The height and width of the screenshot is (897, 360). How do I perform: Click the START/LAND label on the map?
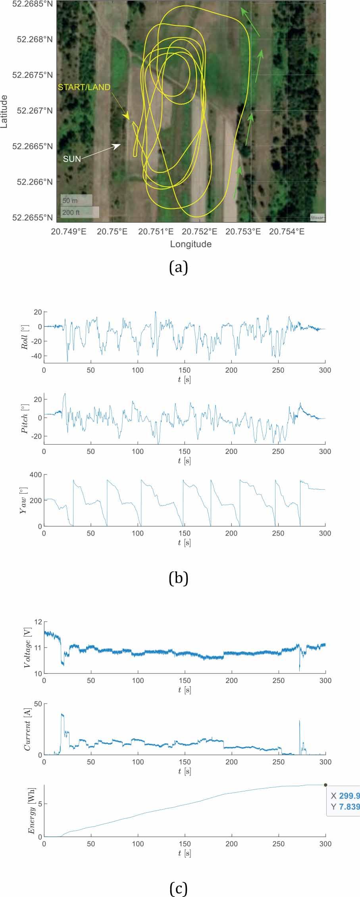tap(84, 87)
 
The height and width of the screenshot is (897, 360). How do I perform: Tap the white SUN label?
tap(72, 159)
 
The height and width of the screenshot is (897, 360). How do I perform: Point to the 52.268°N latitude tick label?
tap(35, 39)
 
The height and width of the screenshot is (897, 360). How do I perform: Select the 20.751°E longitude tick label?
tap(156, 231)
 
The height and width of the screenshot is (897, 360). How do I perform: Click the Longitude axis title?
tap(191, 244)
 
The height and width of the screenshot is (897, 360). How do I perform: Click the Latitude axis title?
tap(5, 111)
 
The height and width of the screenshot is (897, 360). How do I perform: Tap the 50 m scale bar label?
tap(70, 201)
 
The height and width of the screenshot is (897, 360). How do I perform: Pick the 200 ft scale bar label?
tap(71, 212)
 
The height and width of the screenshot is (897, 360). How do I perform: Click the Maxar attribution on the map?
tap(317, 217)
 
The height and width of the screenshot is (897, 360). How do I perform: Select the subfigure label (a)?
tap(178, 268)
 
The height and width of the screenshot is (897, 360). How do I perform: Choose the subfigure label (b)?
tap(178, 578)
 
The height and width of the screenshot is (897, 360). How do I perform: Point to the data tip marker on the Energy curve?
tap(325, 785)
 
